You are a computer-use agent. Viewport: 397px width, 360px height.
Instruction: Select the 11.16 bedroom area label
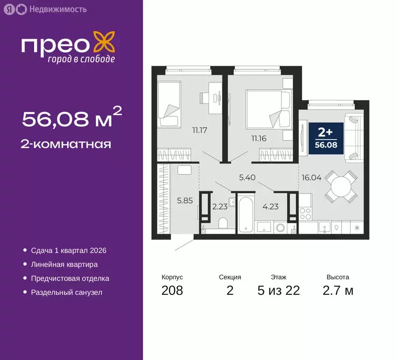[259, 138]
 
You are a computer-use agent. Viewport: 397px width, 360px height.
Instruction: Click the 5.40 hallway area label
[248, 178]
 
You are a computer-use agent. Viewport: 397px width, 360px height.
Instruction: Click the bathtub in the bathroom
[246, 215]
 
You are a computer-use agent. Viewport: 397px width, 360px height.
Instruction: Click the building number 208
[172, 291]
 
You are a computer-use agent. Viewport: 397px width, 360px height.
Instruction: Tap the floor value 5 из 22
[278, 291]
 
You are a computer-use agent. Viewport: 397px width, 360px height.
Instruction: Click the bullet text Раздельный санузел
[66, 292]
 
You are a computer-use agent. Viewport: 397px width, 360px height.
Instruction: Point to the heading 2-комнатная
[67, 144]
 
